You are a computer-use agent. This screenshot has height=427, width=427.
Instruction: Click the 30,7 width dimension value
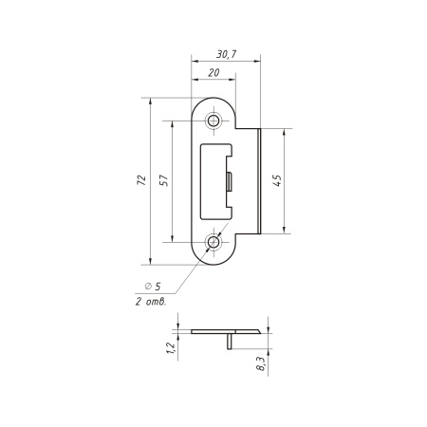coord(226,54)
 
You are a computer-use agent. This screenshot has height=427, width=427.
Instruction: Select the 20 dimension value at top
coord(213,73)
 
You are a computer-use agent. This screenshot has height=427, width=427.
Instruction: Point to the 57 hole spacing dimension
coord(164,180)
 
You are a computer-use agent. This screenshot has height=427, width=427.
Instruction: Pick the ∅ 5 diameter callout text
coord(153,287)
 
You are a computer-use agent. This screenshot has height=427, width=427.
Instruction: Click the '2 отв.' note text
coord(151,302)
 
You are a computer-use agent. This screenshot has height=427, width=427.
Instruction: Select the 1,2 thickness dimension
coord(170,348)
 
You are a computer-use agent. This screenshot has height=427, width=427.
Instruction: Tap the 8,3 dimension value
coord(261,363)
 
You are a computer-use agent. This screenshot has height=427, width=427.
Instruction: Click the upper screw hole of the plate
coord(213,121)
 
